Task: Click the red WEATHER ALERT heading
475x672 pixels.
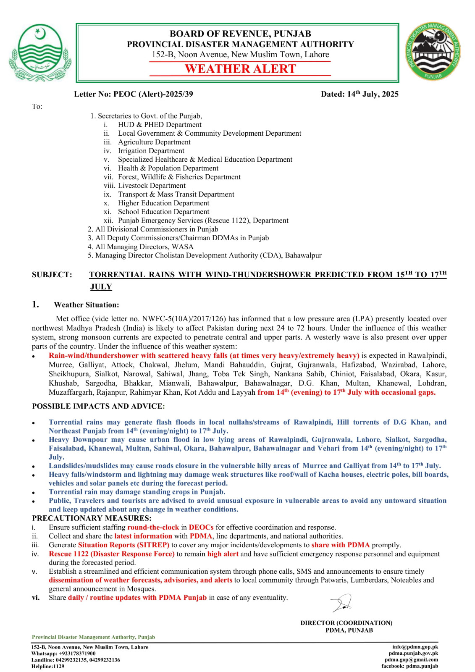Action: coord(240,69)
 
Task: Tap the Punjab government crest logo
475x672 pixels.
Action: coord(40,52)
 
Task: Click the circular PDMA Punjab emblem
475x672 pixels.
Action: coord(433,52)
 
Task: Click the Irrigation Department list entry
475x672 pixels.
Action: coord(151,151)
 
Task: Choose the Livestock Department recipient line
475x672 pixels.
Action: coord(152,186)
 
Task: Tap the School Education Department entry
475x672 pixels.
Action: coord(163,212)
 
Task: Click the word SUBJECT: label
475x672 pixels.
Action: coord(52,275)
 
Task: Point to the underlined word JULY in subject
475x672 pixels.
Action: coord(101,287)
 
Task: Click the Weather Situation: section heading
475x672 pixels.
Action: coord(86,305)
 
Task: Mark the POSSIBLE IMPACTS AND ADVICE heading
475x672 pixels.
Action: coord(98,406)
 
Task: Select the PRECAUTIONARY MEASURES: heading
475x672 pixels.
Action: coord(92,518)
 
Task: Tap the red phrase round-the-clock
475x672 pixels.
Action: coord(153,527)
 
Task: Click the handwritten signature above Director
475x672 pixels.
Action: coord(342,603)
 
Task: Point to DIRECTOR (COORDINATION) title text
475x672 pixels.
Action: coord(346,623)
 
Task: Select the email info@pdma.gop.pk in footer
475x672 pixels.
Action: coord(415,647)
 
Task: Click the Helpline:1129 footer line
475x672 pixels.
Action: coord(48,666)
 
